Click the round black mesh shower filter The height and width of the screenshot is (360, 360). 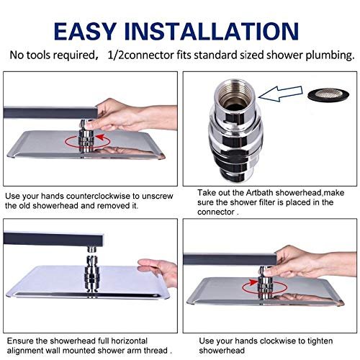point(328,95)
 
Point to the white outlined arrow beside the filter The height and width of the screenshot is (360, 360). point(280,94)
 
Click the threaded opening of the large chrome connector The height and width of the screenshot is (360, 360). point(235,93)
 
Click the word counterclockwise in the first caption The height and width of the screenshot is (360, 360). point(99,196)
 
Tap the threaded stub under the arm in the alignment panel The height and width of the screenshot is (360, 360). point(91,250)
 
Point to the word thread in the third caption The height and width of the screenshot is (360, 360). point(156,351)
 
